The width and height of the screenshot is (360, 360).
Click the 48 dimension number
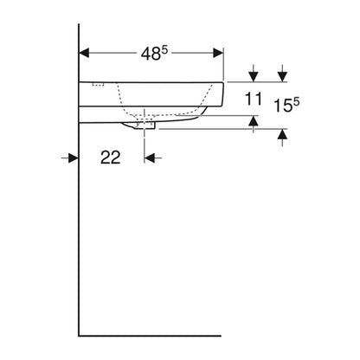coord(151,54)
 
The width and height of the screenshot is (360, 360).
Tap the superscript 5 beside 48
coord(164,50)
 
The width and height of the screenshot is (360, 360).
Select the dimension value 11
coord(254,99)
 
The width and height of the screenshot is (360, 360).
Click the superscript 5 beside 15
coord(296,102)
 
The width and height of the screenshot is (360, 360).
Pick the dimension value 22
coord(110,157)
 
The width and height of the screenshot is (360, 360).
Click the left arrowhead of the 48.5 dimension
coord(84,53)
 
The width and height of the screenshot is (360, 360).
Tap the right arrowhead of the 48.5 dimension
coord(218,53)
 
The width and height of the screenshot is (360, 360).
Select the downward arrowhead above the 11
coord(254,77)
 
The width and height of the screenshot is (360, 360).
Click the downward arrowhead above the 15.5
coord(283,77)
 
